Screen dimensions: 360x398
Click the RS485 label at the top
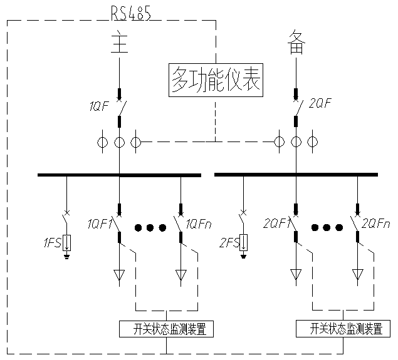(130, 13)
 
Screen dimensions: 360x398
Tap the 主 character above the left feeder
(119, 42)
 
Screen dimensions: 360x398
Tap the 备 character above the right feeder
(296, 42)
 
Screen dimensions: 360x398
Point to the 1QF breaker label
(98, 107)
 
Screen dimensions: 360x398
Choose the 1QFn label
(201, 223)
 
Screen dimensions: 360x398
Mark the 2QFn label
(376, 223)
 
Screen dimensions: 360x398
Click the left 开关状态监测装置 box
(165, 329)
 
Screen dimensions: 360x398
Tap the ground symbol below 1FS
(67, 255)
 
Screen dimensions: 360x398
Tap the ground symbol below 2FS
(244, 255)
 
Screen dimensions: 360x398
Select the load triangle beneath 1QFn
(181, 274)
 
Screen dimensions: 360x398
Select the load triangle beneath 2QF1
(295, 274)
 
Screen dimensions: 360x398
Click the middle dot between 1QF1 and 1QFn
(150, 227)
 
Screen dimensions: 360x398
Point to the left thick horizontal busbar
(119, 175)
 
